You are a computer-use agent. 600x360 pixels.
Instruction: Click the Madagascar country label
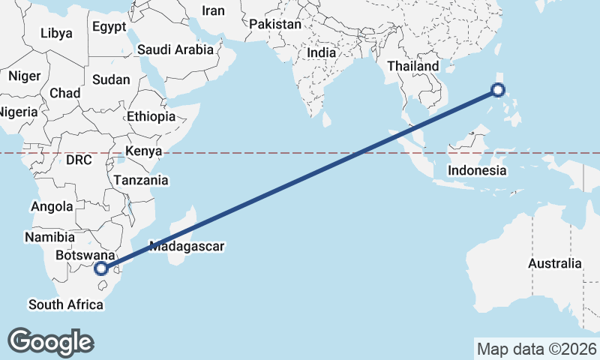[187, 245]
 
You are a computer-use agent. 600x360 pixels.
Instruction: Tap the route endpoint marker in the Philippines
[497, 90]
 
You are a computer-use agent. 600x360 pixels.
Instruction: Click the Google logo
[50, 341]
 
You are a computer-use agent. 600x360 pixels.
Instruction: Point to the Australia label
[554, 263]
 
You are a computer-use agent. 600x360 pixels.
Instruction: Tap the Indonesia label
[477, 170]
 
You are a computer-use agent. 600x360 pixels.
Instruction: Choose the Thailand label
[412, 66]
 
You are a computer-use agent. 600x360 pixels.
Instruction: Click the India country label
[321, 53]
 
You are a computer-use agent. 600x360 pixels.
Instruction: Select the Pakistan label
[275, 24]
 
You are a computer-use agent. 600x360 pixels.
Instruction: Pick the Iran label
[214, 10]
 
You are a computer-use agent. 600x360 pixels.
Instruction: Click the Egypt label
[109, 27]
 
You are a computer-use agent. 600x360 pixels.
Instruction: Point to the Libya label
[56, 33]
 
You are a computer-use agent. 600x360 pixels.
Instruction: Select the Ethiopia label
[151, 116]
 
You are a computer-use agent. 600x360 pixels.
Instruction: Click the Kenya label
[143, 151]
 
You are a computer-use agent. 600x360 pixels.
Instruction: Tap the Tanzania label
[141, 180]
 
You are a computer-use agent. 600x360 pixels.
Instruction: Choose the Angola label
[52, 206]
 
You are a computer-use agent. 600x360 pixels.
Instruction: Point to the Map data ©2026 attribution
[536, 349]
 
